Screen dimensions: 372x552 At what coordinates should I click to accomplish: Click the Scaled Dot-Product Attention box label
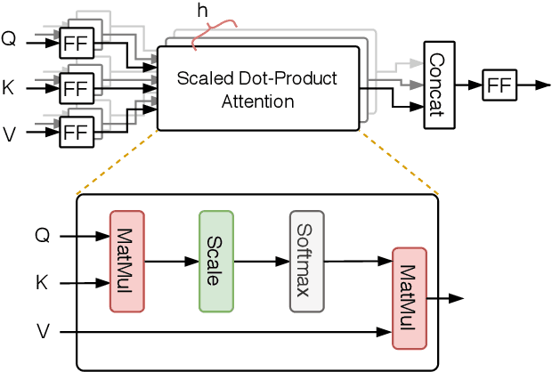259,90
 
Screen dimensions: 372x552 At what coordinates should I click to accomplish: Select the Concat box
437,84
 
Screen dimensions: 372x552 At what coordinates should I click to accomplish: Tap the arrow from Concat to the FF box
466,86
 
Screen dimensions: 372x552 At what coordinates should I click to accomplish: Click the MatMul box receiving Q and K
126,262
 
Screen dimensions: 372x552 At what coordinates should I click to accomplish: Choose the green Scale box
215,262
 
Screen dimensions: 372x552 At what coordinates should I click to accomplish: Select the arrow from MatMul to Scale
170,262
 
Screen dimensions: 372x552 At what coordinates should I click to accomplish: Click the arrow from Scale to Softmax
260,262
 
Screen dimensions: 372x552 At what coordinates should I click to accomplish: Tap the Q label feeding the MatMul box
42,236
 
